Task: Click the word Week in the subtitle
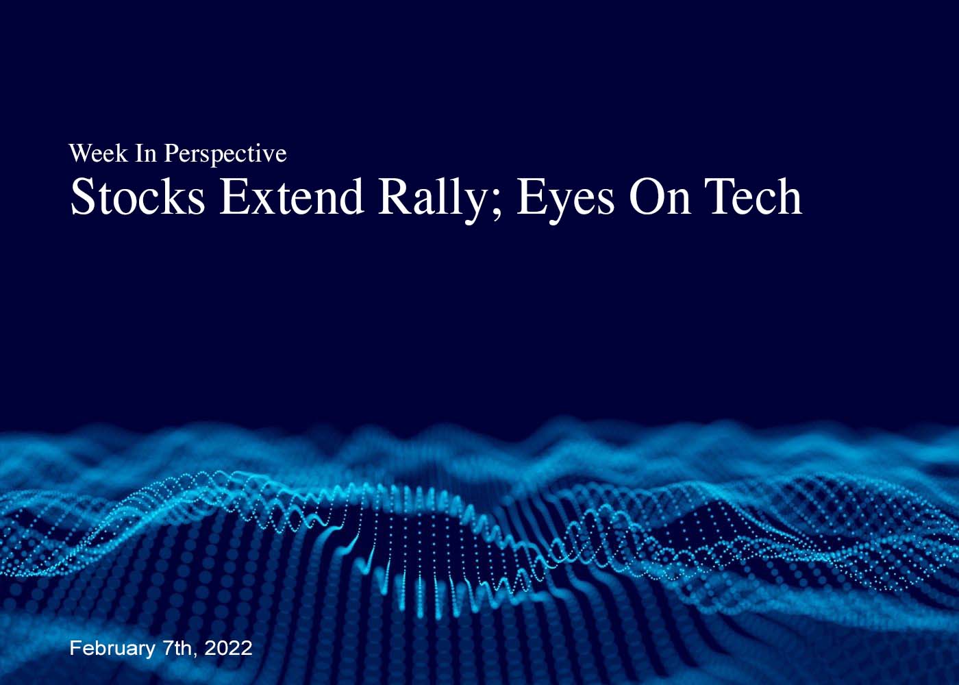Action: [98, 153]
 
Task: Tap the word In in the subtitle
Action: [146, 153]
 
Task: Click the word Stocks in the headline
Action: [138, 197]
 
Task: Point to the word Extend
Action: [292, 197]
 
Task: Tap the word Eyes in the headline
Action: [566, 200]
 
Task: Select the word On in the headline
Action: [660, 197]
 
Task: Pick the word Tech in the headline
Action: [754, 197]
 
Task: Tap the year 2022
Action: [228, 648]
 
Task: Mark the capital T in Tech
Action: [721, 197]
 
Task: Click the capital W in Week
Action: [82, 153]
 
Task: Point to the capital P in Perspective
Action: [171, 153]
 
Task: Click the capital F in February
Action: [76, 648]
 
